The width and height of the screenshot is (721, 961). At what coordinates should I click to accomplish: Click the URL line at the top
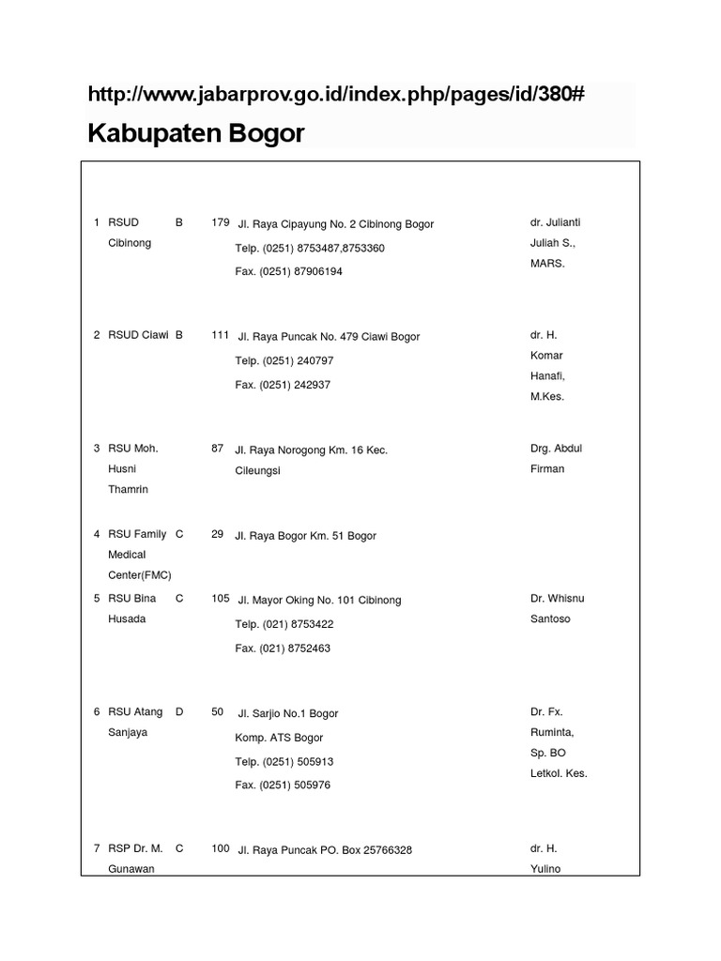(336, 95)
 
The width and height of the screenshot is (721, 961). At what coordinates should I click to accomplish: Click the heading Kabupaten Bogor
(196, 133)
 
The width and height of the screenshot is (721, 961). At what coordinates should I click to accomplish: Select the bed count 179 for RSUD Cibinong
(221, 222)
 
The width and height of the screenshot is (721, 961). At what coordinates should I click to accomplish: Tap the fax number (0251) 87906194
(289, 271)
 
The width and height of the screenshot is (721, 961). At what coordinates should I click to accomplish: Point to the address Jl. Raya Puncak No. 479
(328, 337)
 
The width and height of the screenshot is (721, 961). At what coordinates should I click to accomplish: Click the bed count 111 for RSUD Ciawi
(221, 335)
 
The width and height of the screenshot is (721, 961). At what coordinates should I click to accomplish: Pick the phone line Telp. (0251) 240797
(284, 360)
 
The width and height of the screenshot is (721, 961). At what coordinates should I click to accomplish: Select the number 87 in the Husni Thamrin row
(218, 449)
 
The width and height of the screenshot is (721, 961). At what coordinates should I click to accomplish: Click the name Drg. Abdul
(556, 449)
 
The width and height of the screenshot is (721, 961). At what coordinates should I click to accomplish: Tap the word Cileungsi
(258, 470)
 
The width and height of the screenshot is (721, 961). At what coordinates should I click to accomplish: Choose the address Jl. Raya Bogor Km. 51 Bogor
(306, 536)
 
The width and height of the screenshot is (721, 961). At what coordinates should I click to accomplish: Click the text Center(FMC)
(140, 575)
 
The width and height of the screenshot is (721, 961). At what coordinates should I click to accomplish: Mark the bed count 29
(218, 534)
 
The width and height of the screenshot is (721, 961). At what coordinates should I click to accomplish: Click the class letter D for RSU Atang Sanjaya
(179, 712)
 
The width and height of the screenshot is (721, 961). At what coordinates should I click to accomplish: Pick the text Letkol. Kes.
(559, 773)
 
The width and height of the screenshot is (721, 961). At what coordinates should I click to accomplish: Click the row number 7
(97, 848)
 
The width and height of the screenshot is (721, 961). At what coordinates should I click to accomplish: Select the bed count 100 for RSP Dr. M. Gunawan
(221, 848)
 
